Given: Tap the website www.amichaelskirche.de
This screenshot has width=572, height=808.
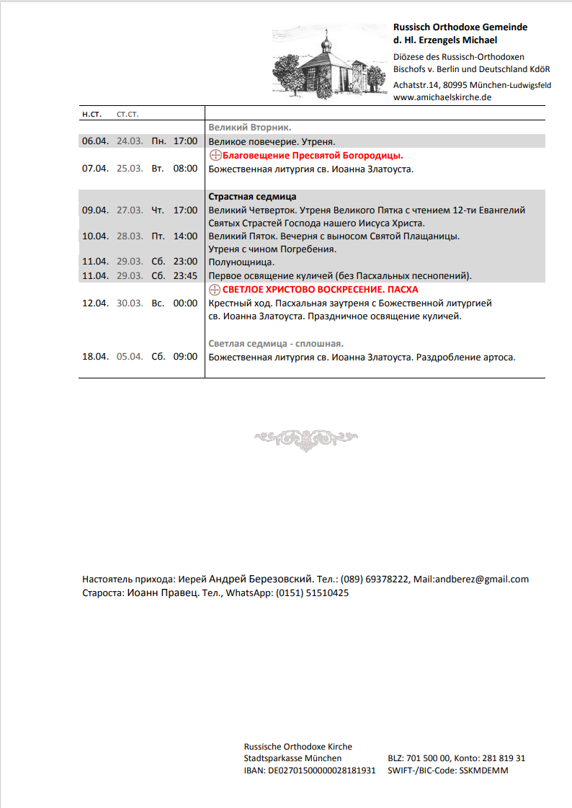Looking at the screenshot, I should pos(442,97).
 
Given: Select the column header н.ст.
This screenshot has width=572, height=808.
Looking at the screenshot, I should pos(91,114).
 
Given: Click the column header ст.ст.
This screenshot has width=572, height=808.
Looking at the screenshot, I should pos(128,114).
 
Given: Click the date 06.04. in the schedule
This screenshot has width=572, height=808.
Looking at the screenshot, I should pos(95,141).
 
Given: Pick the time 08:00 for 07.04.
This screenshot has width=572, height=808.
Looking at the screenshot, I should pos(185,169).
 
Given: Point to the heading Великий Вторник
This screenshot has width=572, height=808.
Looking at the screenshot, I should pos(250,128).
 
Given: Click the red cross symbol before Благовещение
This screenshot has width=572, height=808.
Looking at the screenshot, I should pos(214,156).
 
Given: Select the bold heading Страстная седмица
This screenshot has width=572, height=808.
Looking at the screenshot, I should pos(252,197).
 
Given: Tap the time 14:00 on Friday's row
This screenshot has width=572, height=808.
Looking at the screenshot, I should pos(185,236).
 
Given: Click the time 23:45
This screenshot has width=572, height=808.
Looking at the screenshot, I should pos(185,276).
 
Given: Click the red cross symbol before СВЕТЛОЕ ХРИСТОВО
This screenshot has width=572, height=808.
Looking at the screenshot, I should pos(214,290).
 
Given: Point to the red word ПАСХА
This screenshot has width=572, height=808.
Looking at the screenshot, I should pos(402,290).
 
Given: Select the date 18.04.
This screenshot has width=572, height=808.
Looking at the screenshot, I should pos(95,357).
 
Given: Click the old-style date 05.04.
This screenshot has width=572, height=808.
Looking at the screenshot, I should pos(130,357).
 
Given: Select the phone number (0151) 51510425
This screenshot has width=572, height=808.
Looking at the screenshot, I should pos(313,593).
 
